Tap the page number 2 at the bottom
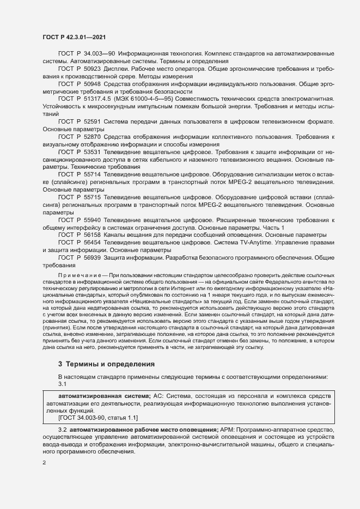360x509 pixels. pyautogui.click(x=44, y=463)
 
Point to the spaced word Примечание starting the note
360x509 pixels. pyautogui.click(x=80, y=275)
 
